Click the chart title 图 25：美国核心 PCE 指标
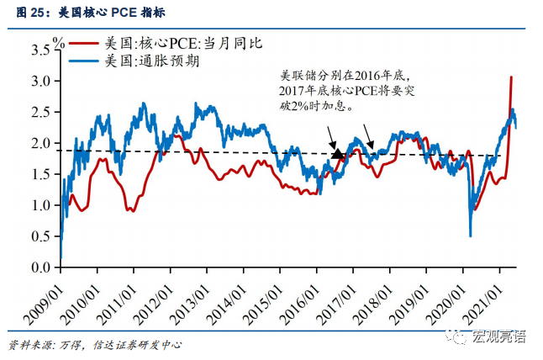point(76,11)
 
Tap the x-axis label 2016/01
point(300,294)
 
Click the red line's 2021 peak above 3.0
point(511,77)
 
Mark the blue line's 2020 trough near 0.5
point(471,236)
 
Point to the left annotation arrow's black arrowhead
point(338,154)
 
